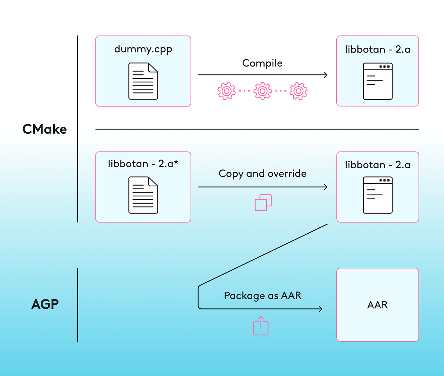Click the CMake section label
(x=44, y=129)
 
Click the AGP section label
(x=45, y=304)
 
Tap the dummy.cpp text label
(x=143, y=49)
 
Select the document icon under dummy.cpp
(x=143, y=81)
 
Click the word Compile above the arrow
(x=262, y=63)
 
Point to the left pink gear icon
(x=226, y=91)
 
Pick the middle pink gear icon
(x=262, y=91)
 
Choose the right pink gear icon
(x=299, y=91)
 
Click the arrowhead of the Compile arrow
(x=326, y=75)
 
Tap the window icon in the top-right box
(x=377, y=81)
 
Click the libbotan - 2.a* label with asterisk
(x=143, y=163)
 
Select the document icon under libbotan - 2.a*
(x=143, y=195)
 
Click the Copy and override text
(x=262, y=173)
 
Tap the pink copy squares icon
(x=263, y=203)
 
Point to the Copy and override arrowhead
(x=326, y=187)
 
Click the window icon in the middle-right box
(x=377, y=195)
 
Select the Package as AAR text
(x=262, y=295)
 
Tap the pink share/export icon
(x=261, y=326)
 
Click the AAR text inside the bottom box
(x=377, y=305)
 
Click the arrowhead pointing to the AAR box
(x=320, y=309)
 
